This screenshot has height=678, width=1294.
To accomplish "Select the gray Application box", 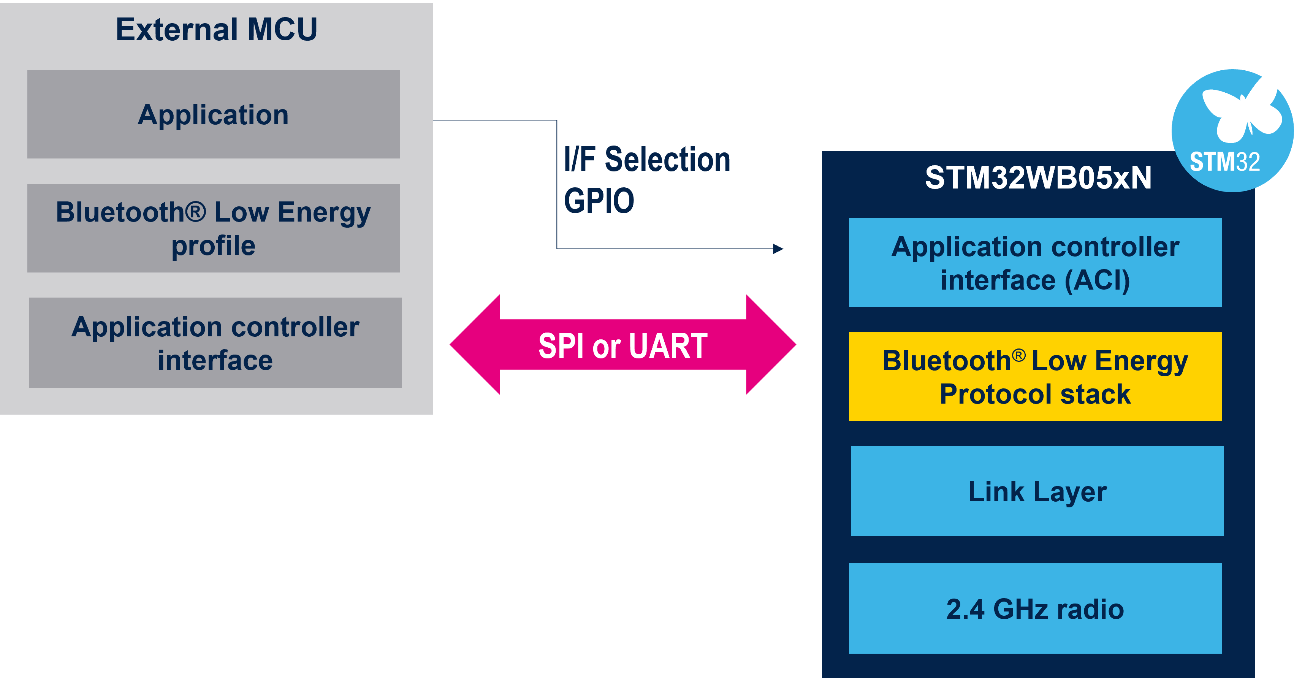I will tap(214, 114).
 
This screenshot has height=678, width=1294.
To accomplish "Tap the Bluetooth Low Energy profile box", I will tap(214, 228).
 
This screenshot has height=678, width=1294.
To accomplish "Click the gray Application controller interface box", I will tap(215, 343).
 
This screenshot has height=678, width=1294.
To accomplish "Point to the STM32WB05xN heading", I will tap(1038, 178).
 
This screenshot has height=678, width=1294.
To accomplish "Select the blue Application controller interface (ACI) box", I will tap(1035, 263).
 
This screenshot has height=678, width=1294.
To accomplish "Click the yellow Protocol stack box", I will tap(1035, 377).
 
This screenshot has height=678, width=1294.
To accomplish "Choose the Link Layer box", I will tap(1037, 491).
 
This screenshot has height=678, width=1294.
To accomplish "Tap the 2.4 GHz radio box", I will tap(1035, 609).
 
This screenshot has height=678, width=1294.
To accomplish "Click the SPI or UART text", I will tap(623, 346).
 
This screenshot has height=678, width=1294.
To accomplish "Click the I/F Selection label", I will tap(647, 160).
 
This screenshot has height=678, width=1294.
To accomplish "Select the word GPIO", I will tap(599, 201).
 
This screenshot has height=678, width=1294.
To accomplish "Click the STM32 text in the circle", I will tap(1225, 162).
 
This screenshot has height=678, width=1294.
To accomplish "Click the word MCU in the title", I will tap(282, 30).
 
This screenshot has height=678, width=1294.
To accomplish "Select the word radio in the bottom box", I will tap(1091, 609).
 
